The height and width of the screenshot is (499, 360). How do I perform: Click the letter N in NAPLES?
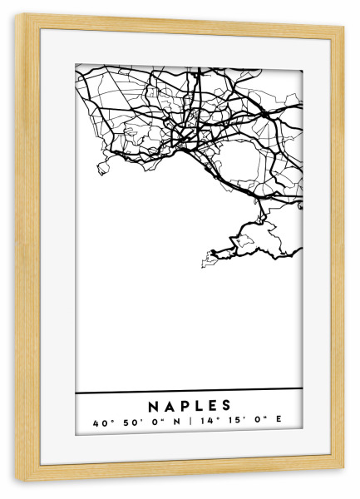[154, 406]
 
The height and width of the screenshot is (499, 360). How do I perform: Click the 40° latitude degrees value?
[101, 422]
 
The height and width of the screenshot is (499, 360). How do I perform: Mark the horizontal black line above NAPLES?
[190, 391]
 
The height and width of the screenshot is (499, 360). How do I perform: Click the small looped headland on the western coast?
[103, 169]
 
